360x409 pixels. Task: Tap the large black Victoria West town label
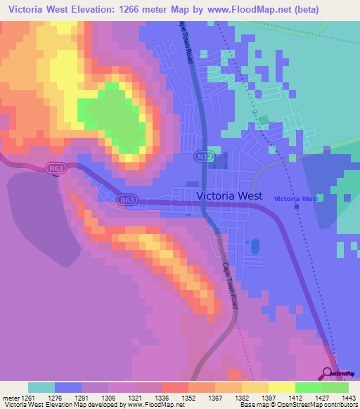pyautogui.click(x=229, y=196)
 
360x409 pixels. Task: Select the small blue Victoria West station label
pyautogui.click(x=296, y=199)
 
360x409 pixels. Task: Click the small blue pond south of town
pyautogui.click(x=255, y=247)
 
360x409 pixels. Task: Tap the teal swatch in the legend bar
pyautogui.click(x=41, y=387)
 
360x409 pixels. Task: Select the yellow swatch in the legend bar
pyautogui.click(x=282, y=387)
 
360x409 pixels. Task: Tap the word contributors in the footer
pyautogui.click(x=340, y=404)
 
